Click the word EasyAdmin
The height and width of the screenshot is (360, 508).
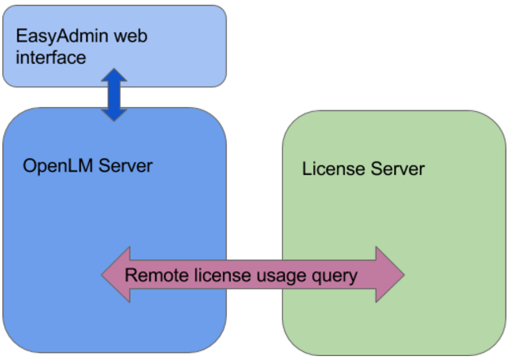[x=61, y=37]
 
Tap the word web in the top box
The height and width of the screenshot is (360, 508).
[x=129, y=37]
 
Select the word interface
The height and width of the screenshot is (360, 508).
[x=51, y=58]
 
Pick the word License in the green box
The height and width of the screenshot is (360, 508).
[x=331, y=169]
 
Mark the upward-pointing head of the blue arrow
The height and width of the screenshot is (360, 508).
[x=114, y=76]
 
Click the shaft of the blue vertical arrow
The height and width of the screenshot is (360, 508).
[x=114, y=95]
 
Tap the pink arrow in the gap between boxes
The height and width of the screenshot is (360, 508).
[x=254, y=276]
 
